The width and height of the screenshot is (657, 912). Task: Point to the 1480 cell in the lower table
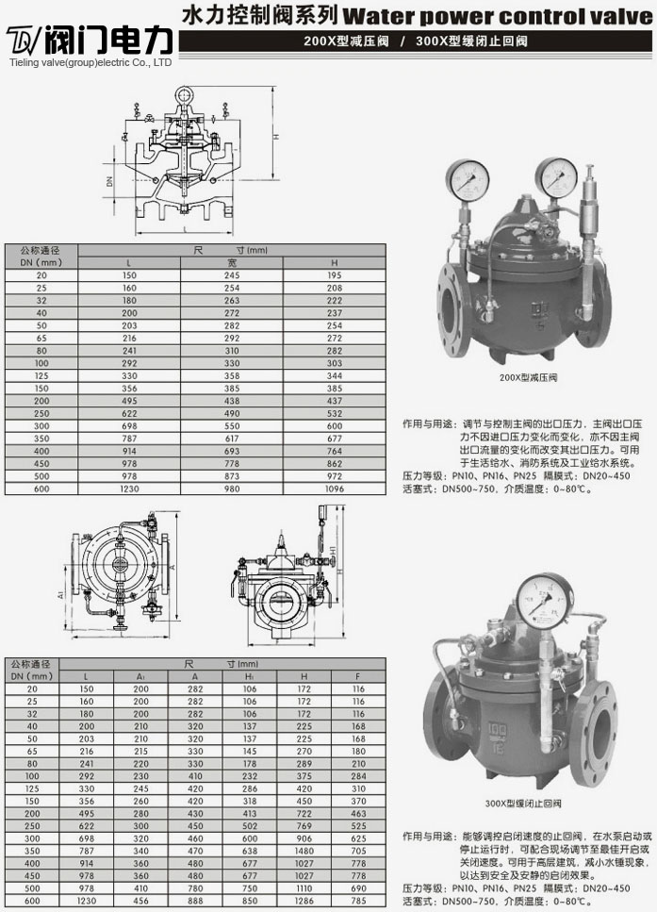tap(304, 850)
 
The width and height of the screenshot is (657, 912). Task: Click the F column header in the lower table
tap(358, 676)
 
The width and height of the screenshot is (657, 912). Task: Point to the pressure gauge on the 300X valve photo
tap(544, 601)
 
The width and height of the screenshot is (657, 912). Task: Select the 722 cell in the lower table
tap(304, 813)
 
